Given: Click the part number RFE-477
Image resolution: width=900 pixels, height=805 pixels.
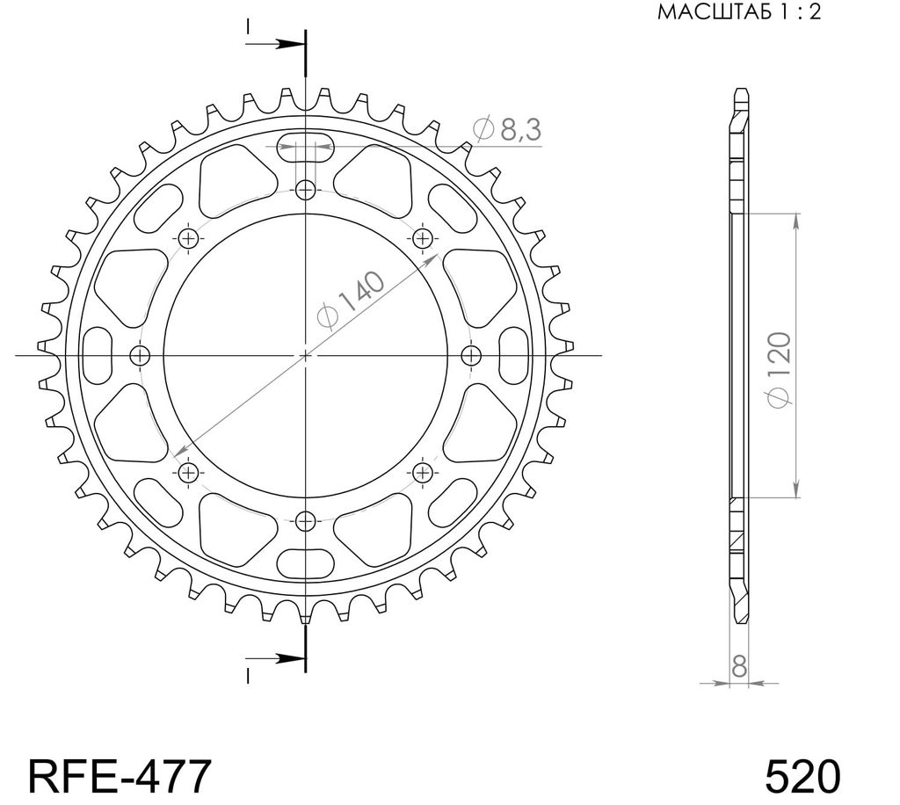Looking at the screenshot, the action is [x=120, y=776].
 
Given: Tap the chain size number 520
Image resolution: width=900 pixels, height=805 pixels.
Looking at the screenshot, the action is [x=802, y=776].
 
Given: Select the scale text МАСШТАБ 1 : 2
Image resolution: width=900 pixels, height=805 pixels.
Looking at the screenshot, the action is [x=739, y=12].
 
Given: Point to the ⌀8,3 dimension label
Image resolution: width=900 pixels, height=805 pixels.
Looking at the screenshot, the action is [x=507, y=130].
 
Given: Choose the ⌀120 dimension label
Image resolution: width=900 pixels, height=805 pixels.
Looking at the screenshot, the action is [x=779, y=370].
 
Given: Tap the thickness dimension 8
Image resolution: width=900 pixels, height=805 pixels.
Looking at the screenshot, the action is [x=739, y=667].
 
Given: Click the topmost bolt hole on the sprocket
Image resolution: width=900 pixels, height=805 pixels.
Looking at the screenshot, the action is [x=305, y=189].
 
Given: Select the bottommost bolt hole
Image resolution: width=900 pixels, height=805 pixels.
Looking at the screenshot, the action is [x=305, y=521].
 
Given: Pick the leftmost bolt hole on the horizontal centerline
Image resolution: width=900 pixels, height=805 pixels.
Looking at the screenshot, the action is [x=140, y=356].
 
